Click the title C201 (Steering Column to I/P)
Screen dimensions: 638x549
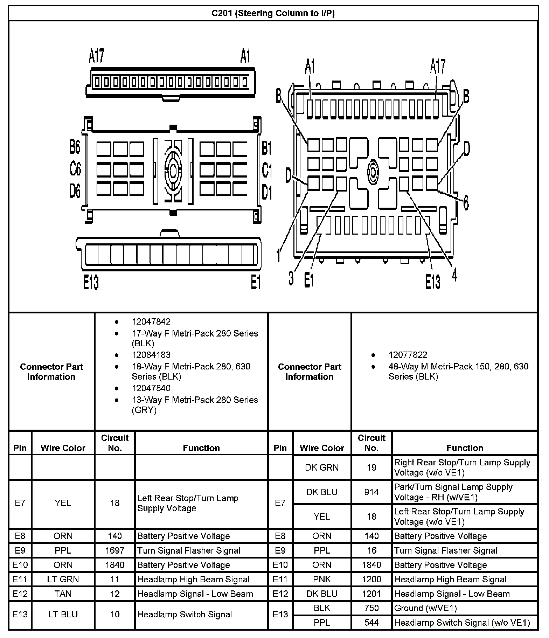click(x=273, y=13)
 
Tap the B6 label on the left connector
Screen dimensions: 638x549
click(x=75, y=147)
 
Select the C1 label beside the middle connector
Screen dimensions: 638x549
click(x=267, y=170)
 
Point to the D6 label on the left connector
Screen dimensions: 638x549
click(x=75, y=192)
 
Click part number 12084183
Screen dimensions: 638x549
click(x=151, y=355)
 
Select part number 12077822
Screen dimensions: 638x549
click(x=408, y=355)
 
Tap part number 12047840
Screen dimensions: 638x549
click(x=151, y=388)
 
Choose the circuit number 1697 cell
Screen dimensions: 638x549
click(x=115, y=550)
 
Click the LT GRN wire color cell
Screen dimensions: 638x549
click(x=63, y=579)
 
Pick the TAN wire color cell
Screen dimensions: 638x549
click(x=63, y=594)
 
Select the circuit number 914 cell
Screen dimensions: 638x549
click(x=371, y=492)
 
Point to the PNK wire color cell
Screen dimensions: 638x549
click(x=322, y=579)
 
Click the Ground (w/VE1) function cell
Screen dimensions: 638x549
click(x=425, y=608)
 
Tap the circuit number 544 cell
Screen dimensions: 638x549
click(x=371, y=623)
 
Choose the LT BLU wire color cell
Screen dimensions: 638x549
click(x=63, y=614)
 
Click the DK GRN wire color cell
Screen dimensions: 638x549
click(x=322, y=467)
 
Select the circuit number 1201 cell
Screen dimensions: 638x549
click(x=371, y=594)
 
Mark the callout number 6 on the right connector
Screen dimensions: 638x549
click(x=466, y=203)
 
